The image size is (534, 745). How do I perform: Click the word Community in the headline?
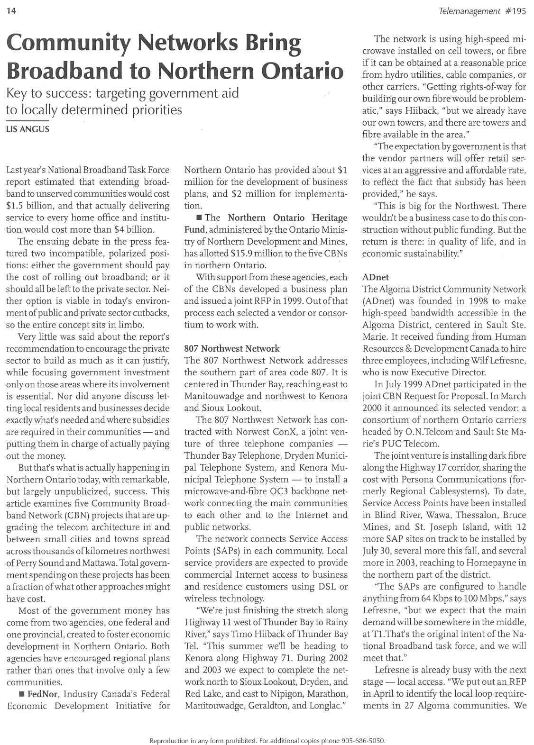(67, 43)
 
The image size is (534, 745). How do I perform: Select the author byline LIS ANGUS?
(28, 129)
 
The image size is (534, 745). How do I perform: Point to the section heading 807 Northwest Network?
(232, 348)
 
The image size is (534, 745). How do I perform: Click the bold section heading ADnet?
(375, 277)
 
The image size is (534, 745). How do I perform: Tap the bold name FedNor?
(43, 694)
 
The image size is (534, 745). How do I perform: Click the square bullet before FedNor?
(21, 694)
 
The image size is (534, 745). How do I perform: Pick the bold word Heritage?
(330, 218)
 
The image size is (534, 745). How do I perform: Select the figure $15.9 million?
(231, 253)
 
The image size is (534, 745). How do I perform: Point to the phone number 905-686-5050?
(364, 740)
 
